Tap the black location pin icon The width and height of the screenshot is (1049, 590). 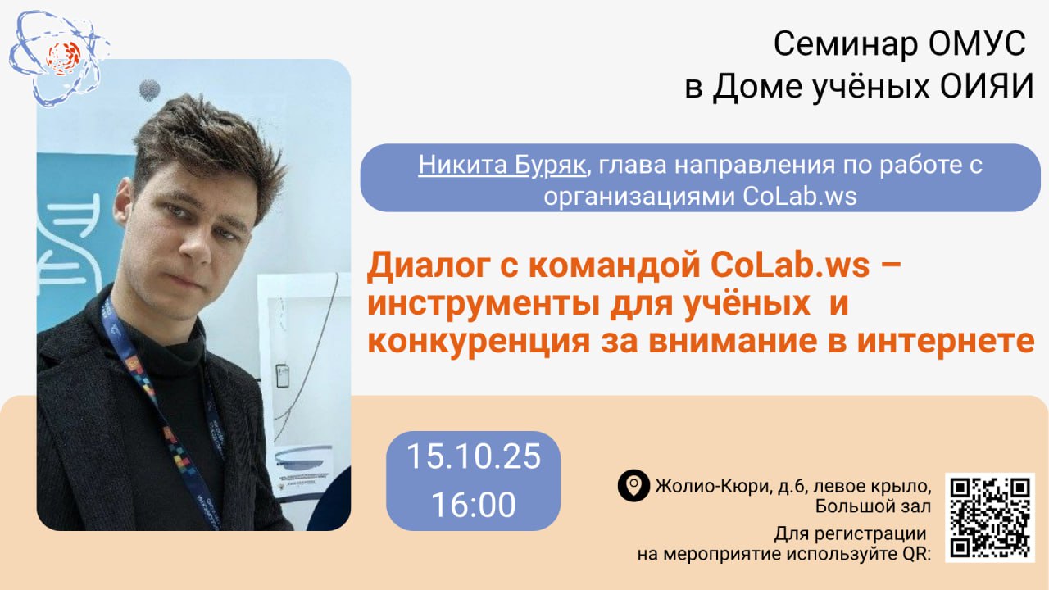coord(633,486)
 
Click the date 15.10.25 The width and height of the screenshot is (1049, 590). coord(474,456)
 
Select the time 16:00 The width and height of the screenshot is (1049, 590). coord(474,504)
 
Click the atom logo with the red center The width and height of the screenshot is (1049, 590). coord(59,58)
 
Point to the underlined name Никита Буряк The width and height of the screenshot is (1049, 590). coord(502,165)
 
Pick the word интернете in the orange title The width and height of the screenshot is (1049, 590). coord(946,342)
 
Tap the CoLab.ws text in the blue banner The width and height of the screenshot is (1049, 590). coord(799,196)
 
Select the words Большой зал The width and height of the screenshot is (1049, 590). coord(873,506)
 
